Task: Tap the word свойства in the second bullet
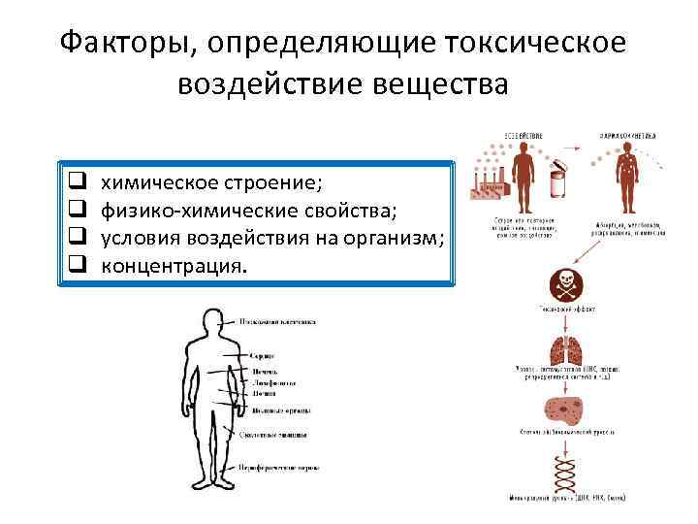click(x=360, y=210)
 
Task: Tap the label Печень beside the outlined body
click(x=265, y=371)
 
